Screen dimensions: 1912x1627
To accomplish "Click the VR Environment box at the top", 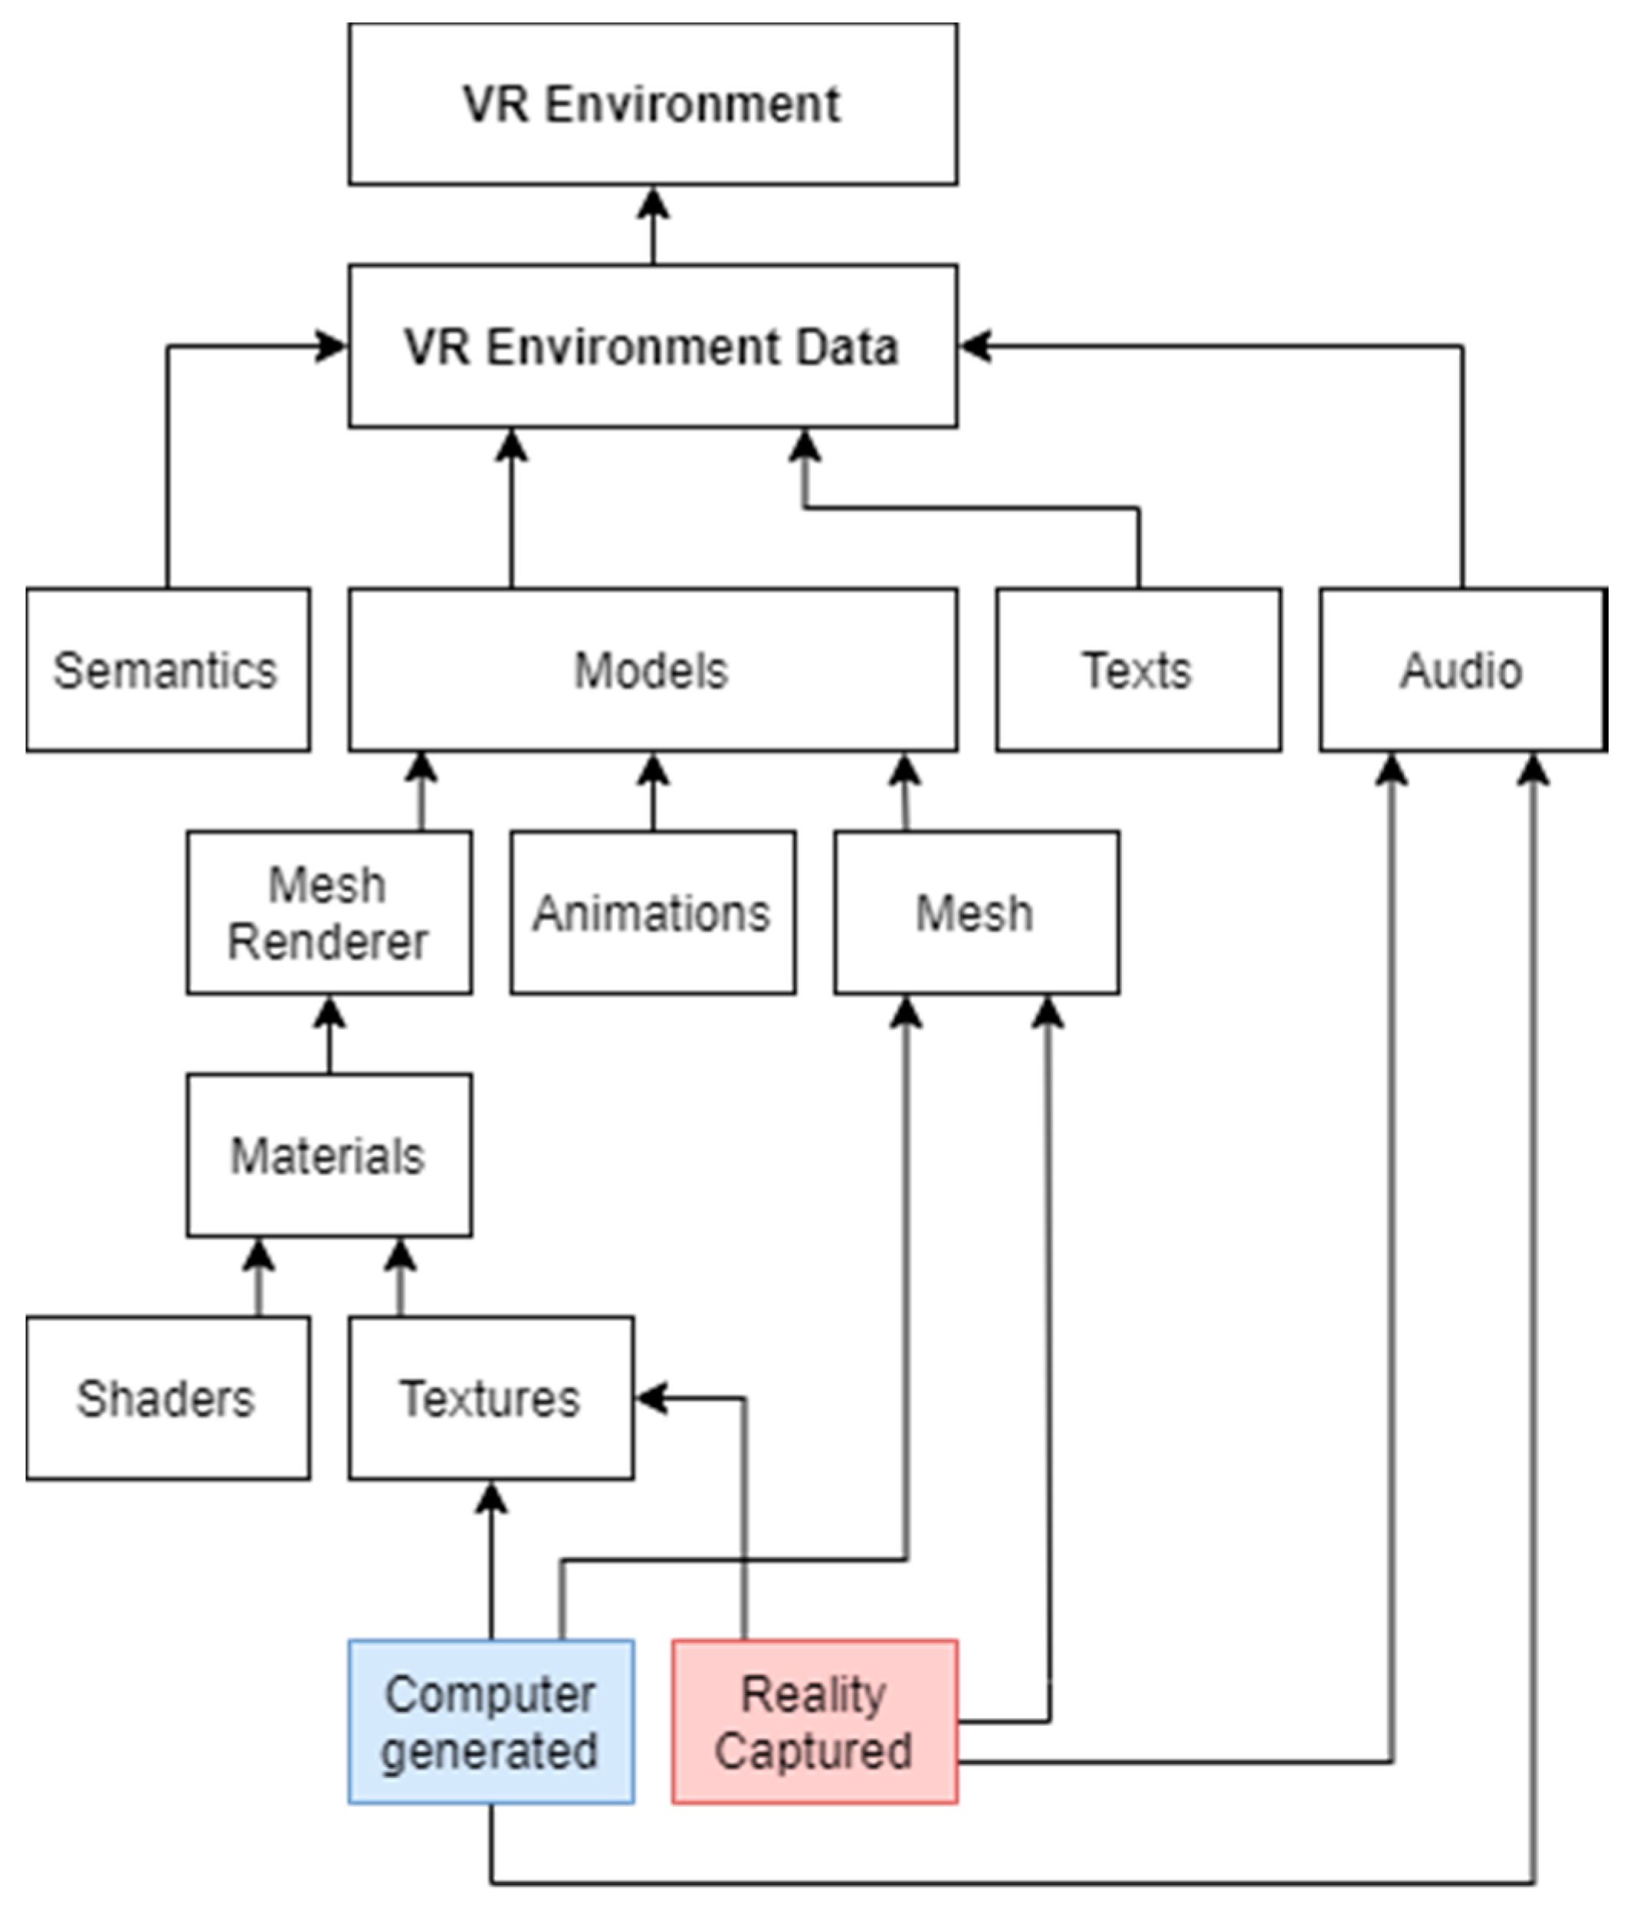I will pos(652,103).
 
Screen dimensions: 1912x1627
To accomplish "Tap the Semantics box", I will pos(167,670).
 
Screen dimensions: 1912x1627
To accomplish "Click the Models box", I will pos(652,670).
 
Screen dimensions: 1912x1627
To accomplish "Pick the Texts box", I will pos(1137,670).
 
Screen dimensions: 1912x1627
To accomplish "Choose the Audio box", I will pos(1462,670).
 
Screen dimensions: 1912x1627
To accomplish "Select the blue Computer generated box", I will pos(490,1721).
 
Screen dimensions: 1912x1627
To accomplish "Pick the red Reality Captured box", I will pos(815,1721).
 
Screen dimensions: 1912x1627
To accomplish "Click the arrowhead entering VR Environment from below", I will pos(653,203).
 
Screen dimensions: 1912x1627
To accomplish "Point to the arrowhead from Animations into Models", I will pos(653,769).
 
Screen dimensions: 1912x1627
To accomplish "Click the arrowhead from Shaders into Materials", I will pos(258,1254).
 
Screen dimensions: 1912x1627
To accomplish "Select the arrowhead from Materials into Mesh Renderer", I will pos(330,1012).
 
